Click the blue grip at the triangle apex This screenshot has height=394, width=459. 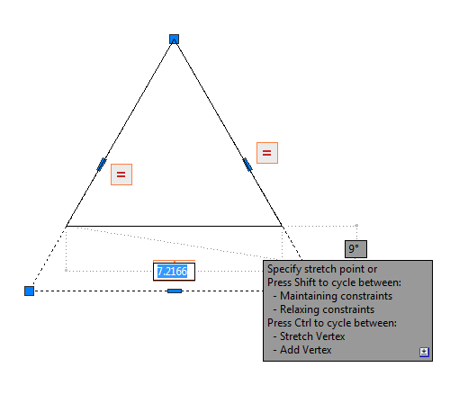tap(174, 39)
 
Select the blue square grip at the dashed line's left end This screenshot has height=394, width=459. tap(29, 291)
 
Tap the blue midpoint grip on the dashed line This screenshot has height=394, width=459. tap(175, 291)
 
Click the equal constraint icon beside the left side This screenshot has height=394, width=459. tap(121, 175)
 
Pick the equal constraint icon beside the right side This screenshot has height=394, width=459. tap(267, 153)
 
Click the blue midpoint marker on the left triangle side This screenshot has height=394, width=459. tap(102, 165)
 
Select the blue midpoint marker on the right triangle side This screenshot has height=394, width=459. tap(247, 165)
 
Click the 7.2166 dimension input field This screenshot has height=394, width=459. tap(174, 272)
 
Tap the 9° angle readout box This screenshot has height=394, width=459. tap(355, 249)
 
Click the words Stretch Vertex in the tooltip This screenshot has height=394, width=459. tap(312, 336)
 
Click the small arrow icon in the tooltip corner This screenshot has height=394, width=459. tap(424, 352)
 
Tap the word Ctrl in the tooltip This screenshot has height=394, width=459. tap(302, 323)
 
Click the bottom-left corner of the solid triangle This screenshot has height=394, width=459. tap(66, 226)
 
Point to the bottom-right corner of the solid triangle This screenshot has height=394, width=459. tap(282, 226)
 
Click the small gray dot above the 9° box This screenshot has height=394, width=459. tap(356, 225)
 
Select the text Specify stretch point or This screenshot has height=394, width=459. tap(322, 269)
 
